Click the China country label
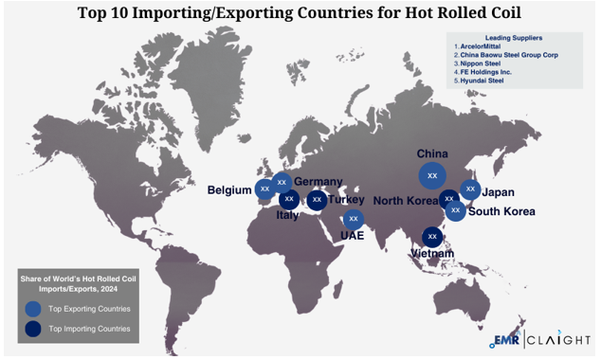431,153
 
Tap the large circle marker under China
432,175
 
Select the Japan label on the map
499,192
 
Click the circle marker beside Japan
470,189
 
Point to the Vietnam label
431,253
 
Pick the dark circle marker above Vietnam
432,236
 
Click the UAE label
353,234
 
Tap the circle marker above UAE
354,218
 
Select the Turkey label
347,200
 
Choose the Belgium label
229,190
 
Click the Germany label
318,182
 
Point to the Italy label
287,215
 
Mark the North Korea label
405,200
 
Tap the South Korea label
501,211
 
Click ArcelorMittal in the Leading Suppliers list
483,45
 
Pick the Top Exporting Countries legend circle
33,309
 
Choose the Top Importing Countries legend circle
33,329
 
